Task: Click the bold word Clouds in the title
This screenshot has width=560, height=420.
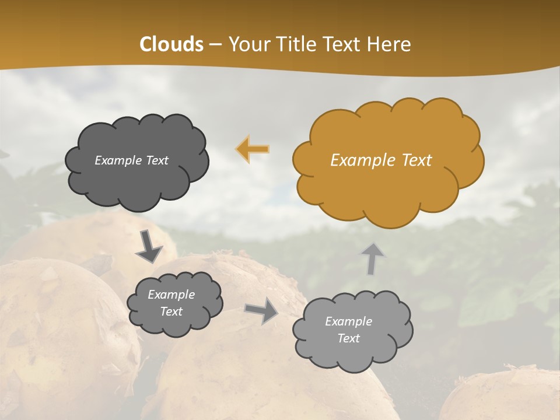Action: (171, 44)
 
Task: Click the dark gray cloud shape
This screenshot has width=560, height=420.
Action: (137, 187)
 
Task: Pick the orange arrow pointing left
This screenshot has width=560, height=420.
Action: (253, 149)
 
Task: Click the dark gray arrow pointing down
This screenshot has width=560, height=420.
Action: (149, 246)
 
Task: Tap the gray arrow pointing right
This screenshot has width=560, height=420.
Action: (261, 310)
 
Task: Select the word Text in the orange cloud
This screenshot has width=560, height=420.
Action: (415, 160)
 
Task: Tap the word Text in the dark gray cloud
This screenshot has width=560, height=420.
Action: (156, 160)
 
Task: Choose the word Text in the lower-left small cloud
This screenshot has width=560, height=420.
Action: (171, 311)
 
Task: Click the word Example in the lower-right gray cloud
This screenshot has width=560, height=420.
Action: (348, 321)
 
